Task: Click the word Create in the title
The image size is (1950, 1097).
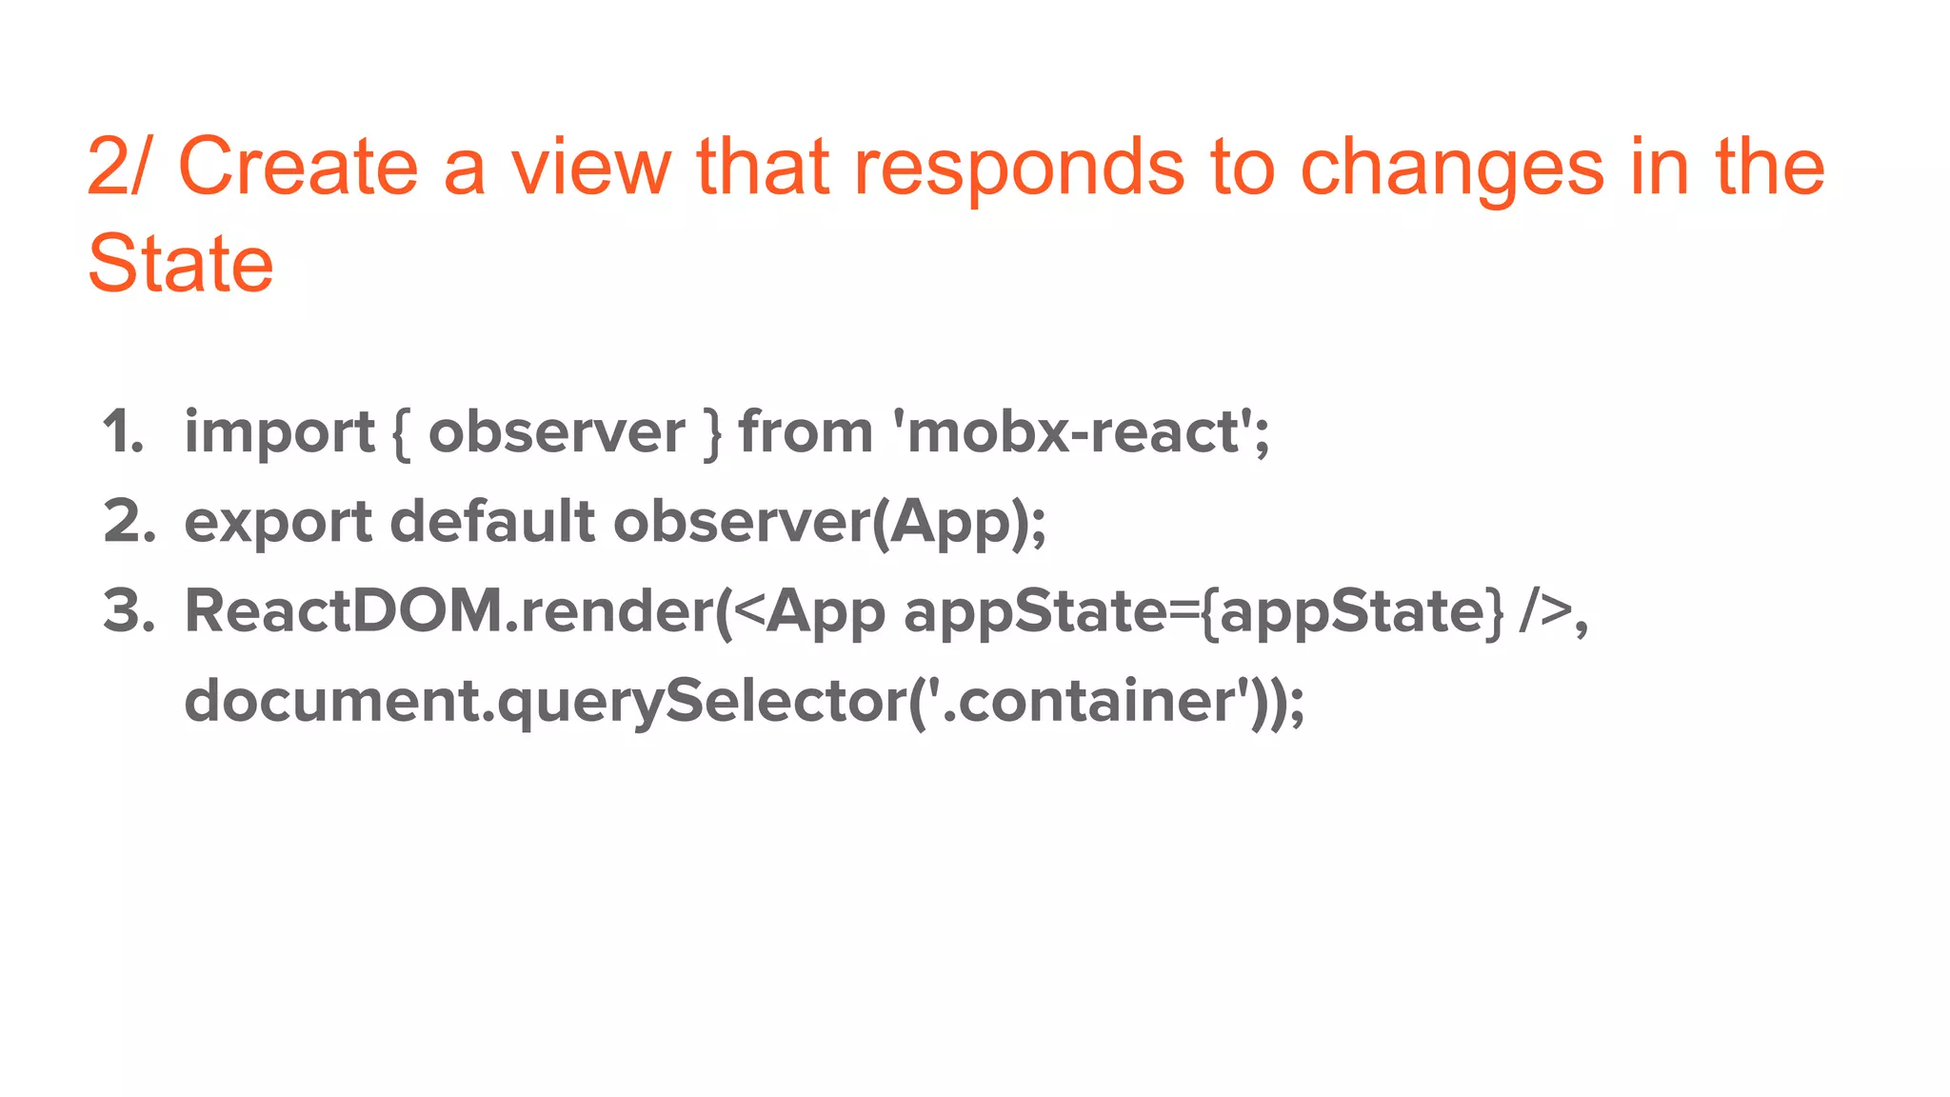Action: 298,168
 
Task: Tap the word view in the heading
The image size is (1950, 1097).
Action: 590,168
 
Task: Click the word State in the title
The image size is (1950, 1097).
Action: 180,264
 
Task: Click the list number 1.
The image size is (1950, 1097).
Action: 123,432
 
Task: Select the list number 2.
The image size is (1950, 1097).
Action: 129,522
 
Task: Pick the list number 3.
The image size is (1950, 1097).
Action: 129,610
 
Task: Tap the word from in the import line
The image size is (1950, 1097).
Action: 806,432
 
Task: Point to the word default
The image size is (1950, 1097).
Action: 492,522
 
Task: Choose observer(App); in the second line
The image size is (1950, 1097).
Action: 829,523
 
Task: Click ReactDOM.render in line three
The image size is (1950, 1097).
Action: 448,610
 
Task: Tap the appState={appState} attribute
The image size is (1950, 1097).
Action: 1204,612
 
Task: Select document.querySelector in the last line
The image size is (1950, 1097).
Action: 544,702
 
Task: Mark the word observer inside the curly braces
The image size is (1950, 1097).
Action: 556,432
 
